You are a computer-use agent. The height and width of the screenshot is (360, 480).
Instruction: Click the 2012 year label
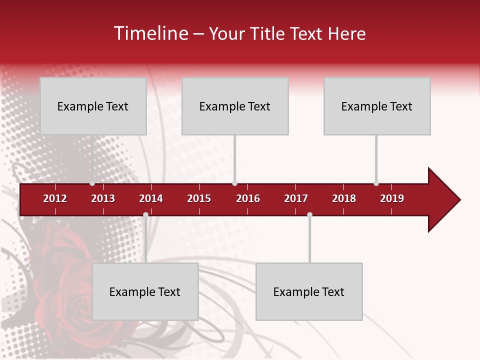[x=55, y=198]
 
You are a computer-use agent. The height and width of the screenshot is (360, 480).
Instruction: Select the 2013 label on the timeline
[x=103, y=198]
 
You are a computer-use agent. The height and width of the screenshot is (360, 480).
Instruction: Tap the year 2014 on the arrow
[x=151, y=198]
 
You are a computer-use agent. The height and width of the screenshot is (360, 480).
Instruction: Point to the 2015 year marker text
[x=199, y=198]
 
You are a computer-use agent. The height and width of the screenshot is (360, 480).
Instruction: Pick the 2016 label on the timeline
[x=248, y=198]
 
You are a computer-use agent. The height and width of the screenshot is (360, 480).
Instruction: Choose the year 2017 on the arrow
[x=296, y=198]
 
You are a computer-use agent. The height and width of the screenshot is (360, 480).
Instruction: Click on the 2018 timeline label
[x=344, y=198]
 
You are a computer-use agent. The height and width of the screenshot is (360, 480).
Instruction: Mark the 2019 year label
[x=392, y=198]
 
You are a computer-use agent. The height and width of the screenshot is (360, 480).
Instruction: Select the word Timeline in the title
[x=150, y=33]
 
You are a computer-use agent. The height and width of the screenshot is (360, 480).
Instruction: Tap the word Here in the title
[x=346, y=33]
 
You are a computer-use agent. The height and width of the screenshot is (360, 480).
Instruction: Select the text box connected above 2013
[x=93, y=106]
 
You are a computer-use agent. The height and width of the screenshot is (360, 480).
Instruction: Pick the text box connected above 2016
[x=235, y=106]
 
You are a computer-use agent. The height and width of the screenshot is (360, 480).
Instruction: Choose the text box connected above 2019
[x=377, y=106]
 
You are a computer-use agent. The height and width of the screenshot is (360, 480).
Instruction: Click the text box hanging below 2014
[x=145, y=291]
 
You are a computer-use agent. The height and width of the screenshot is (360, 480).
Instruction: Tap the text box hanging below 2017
[x=309, y=291]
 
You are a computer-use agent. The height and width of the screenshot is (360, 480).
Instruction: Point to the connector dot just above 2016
[x=234, y=183]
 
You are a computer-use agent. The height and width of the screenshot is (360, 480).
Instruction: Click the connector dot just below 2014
[x=145, y=215]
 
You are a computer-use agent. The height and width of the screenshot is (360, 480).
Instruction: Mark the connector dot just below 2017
[x=309, y=215]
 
